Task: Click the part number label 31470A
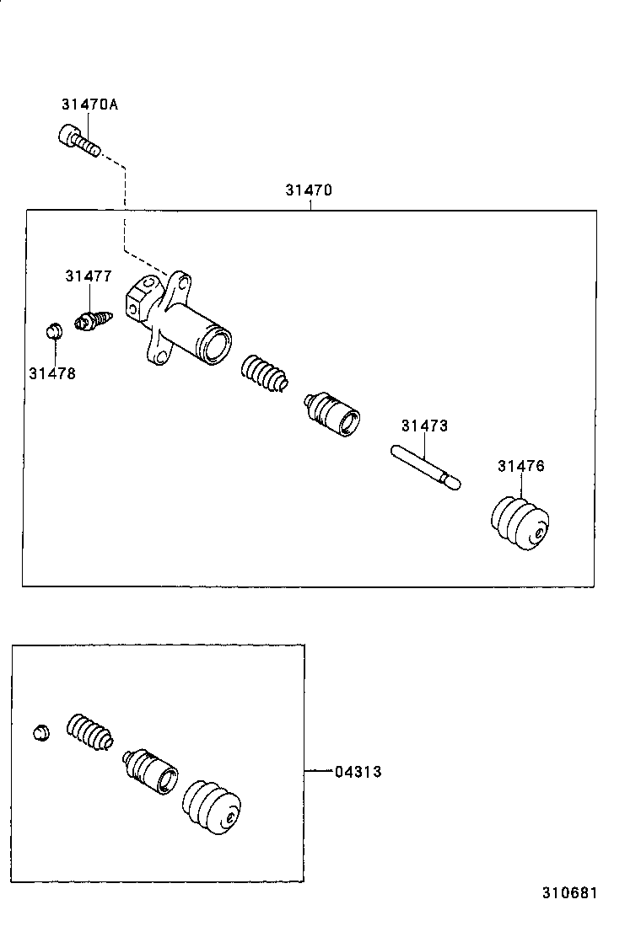pyautogui.click(x=89, y=104)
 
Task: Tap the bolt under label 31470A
pyautogui.click(x=79, y=141)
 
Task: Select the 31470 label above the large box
pyautogui.click(x=309, y=190)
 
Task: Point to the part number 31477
pyautogui.click(x=89, y=276)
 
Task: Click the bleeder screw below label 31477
pyautogui.click(x=94, y=319)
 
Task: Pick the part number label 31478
pyautogui.click(x=52, y=373)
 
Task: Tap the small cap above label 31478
pyautogui.click(x=55, y=329)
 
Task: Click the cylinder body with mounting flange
pyautogui.click(x=177, y=319)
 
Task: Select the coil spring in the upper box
pyautogui.click(x=264, y=373)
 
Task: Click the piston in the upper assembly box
pyautogui.click(x=331, y=414)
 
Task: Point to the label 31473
pyautogui.click(x=424, y=426)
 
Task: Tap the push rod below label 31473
pyautogui.click(x=426, y=468)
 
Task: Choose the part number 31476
pyautogui.click(x=521, y=465)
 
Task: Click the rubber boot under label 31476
pyautogui.click(x=520, y=522)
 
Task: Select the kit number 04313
pyautogui.click(x=358, y=772)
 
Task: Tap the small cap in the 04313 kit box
pyautogui.click(x=40, y=732)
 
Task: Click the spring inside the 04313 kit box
pyautogui.click(x=89, y=731)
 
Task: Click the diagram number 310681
pyautogui.click(x=570, y=893)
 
